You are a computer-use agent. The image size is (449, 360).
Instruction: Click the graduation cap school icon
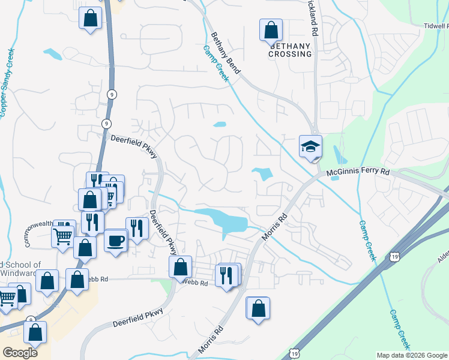[311, 146]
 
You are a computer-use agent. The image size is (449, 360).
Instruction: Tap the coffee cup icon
[116, 241]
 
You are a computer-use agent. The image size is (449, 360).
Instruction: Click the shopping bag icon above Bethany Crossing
[271, 29]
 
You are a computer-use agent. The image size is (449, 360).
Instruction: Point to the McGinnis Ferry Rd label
[358, 173]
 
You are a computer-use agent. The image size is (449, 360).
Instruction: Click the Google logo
[19, 352]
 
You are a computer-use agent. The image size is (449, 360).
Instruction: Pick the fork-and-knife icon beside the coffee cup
[137, 228]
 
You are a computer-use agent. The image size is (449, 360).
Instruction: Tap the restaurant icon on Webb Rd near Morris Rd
[227, 275]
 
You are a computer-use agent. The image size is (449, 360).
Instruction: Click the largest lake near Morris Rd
[225, 220]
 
